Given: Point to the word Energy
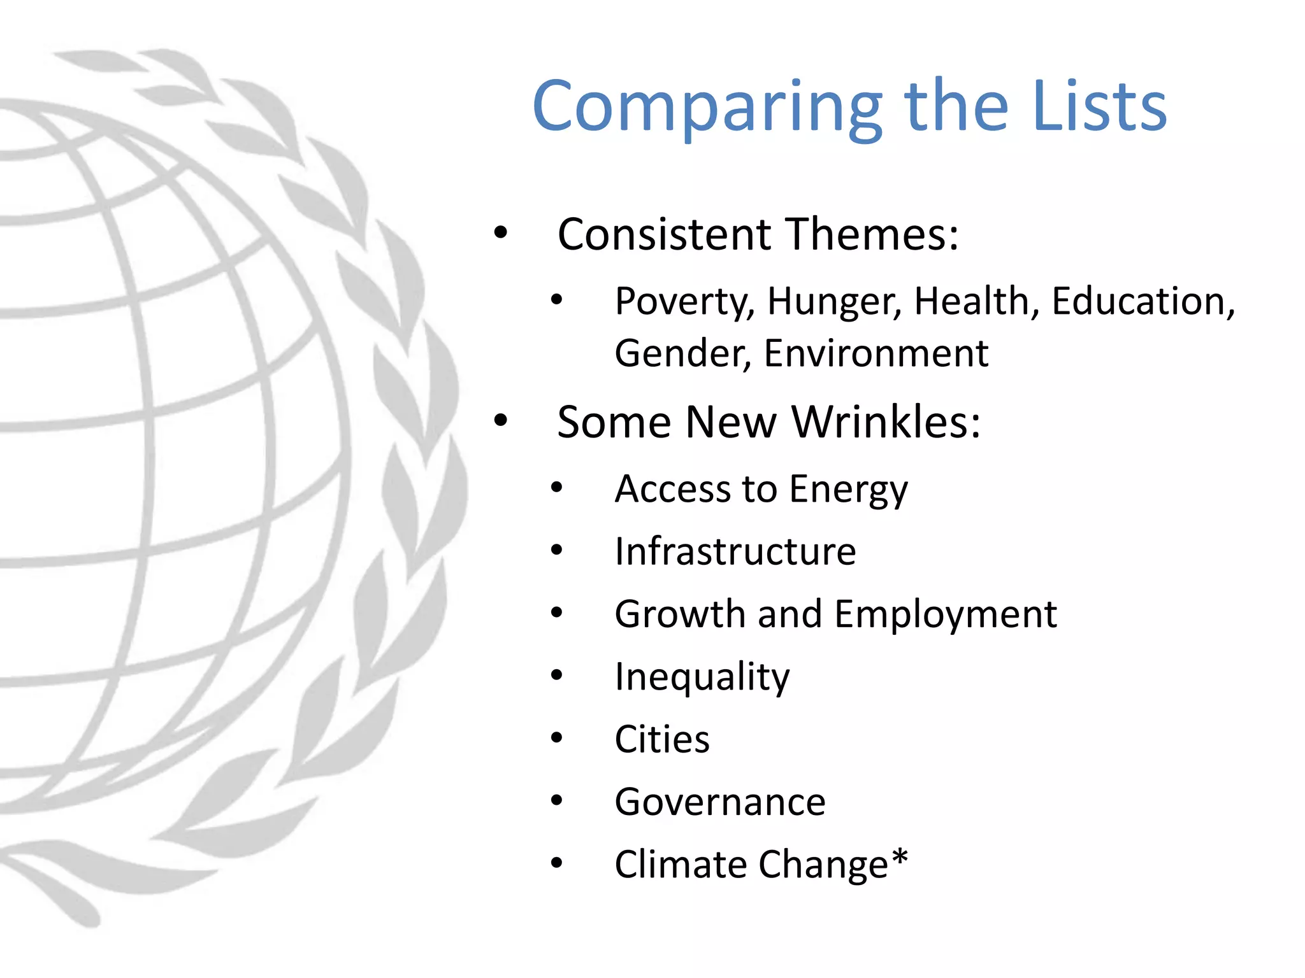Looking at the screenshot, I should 849,490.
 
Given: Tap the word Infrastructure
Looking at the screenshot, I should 735,551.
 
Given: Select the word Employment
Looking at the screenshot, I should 946,614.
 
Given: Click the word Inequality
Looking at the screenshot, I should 702,677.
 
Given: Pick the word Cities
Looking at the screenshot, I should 662,739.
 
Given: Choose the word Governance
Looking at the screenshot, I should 720,802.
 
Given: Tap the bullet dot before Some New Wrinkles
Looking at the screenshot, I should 501,420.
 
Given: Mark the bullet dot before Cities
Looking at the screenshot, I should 557,738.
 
